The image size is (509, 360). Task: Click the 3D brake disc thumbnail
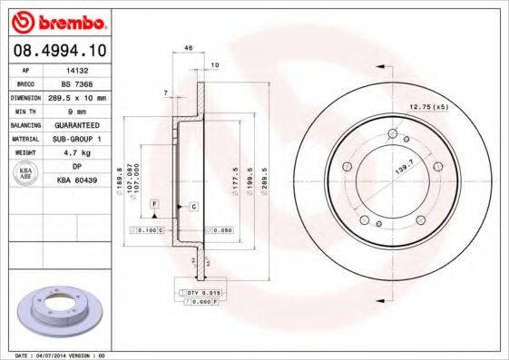point(60,311)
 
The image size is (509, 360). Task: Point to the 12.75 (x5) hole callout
point(429,108)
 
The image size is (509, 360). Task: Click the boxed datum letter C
point(194,207)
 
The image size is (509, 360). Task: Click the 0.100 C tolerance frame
point(148,231)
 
